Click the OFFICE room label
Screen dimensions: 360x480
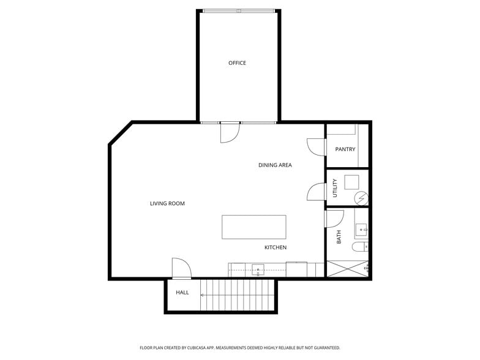point(237,63)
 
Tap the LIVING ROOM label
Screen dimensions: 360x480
point(167,203)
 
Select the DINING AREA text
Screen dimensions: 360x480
point(275,165)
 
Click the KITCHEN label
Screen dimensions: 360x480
point(276,247)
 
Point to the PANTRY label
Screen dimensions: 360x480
point(345,149)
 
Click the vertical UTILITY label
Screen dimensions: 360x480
point(335,187)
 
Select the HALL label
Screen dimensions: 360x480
point(182,293)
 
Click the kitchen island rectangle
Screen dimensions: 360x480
point(254,227)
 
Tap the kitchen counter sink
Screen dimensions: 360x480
point(258,269)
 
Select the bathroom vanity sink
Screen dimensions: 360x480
point(362,230)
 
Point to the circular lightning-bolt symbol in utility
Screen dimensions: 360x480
point(361,198)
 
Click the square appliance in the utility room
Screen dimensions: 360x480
point(351,182)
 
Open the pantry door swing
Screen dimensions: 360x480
point(314,146)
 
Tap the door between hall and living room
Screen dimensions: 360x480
point(182,268)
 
